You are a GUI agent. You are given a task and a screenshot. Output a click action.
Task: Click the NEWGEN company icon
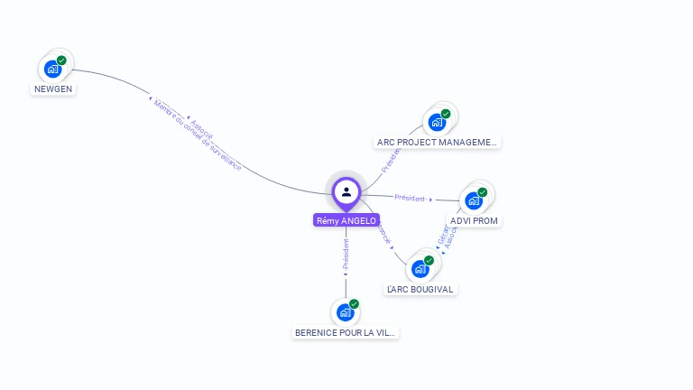coord(53,69)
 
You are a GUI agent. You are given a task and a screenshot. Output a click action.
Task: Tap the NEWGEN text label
coord(53,89)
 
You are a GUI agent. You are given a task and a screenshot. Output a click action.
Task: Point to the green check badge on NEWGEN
coord(61,60)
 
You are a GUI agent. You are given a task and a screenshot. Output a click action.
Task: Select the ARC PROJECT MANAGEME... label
coord(438,142)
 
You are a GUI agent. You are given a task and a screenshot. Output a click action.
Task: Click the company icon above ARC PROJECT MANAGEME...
coord(438,122)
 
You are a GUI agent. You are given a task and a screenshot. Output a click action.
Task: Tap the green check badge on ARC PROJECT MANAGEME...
coord(446,114)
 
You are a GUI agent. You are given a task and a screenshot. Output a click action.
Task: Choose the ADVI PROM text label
coord(474,220)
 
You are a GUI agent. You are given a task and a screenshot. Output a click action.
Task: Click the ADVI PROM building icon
coord(474,200)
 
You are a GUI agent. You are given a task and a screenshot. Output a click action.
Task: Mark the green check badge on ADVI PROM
coord(483,192)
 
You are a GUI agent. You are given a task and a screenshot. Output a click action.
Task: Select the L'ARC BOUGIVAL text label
coord(420,289)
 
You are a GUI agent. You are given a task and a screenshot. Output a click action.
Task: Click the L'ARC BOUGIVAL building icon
coord(420,268)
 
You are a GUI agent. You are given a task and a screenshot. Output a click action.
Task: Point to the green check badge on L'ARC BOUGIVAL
coord(429,260)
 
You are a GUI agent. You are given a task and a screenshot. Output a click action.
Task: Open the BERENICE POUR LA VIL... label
coord(346,332)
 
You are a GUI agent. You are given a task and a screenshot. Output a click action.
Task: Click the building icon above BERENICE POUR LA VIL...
coord(346,312)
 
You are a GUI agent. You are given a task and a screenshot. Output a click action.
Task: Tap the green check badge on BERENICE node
coord(354,304)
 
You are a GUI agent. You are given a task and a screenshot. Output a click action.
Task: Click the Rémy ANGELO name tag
coord(346,220)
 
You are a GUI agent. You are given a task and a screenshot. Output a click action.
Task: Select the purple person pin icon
coord(346,191)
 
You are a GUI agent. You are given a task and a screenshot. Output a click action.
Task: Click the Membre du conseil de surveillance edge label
coord(198,135)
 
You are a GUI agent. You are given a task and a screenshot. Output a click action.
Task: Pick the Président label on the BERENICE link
coord(346,255)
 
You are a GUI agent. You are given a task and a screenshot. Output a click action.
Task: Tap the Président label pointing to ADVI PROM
coord(411,198)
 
